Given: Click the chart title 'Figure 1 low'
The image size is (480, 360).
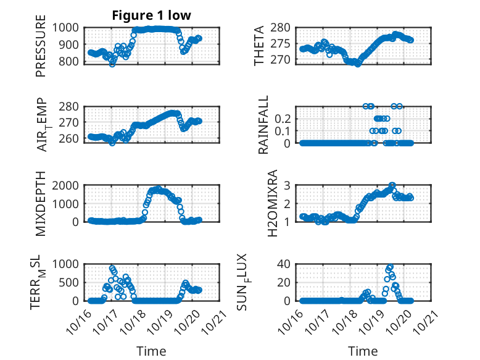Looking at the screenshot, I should (151, 15).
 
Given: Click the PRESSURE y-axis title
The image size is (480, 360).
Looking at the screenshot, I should (41, 49).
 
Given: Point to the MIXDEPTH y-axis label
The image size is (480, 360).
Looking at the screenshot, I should (41, 204).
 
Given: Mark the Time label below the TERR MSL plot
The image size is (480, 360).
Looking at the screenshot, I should (151, 351).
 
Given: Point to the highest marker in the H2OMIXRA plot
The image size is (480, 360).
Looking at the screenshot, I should (392, 185).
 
